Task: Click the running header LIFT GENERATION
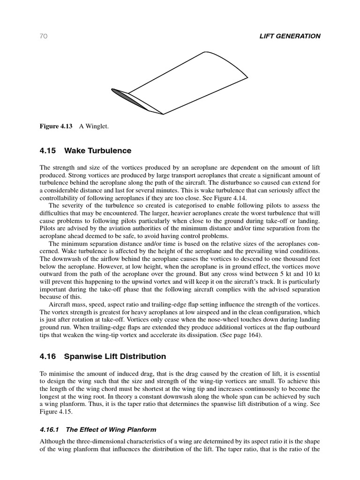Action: (x=290, y=36)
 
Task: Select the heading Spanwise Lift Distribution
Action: (x=115, y=356)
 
